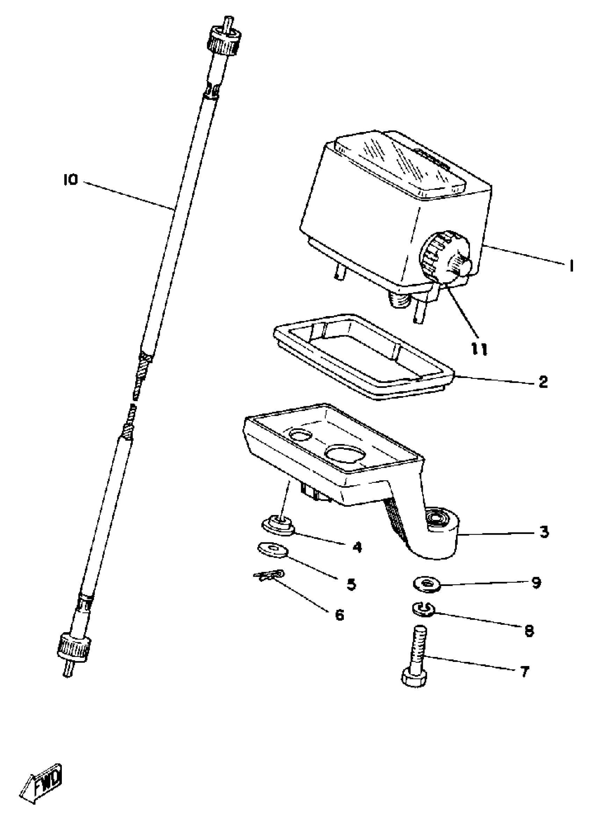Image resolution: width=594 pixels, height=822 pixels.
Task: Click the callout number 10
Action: pyautogui.click(x=71, y=180)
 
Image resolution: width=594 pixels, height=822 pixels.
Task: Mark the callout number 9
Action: pyautogui.click(x=536, y=582)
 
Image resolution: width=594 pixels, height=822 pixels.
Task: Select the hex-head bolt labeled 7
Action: pyautogui.click(x=416, y=659)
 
